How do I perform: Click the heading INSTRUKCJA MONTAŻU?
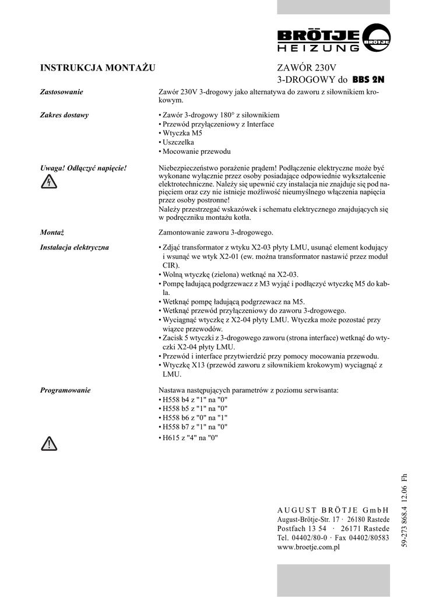97,68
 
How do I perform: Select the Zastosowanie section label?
61,92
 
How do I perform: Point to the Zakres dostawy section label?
64,115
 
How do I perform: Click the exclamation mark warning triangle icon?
49,444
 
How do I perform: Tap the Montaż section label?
52,232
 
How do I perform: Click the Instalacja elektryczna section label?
74,247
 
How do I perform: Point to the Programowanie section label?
65,391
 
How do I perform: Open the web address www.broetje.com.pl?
308,547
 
